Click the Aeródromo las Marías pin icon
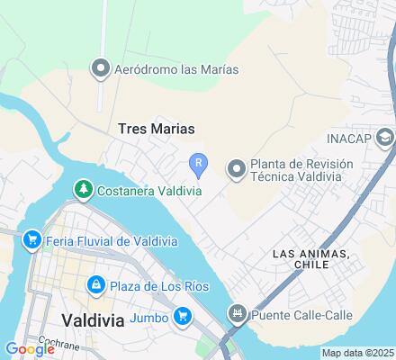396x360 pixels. pyautogui.click(x=101, y=68)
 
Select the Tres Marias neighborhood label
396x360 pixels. pyautogui.click(x=156, y=129)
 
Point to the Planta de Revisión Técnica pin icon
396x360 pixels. pyautogui.click(x=236, y=168)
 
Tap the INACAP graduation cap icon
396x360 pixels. pyautogui.click(x=385, y=138)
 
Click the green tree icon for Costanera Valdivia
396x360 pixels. pyautogui.click(x=83, y=188)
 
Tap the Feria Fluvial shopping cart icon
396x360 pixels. pyautogui.click(x=32, y=238)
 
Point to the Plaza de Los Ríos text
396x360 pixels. pyautogui.click(x=159, y=286)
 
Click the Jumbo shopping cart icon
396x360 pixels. pyautogui.click(x=183, y=316)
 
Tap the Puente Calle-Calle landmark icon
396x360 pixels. pyautogui.click(x=238, y=315)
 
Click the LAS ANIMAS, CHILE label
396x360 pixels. pyautogui.click(x=310, y=259)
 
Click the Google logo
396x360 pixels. pyautogui.click(x=30, y=350)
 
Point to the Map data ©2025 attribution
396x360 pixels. pyautogui.click(x=358, y=353)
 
